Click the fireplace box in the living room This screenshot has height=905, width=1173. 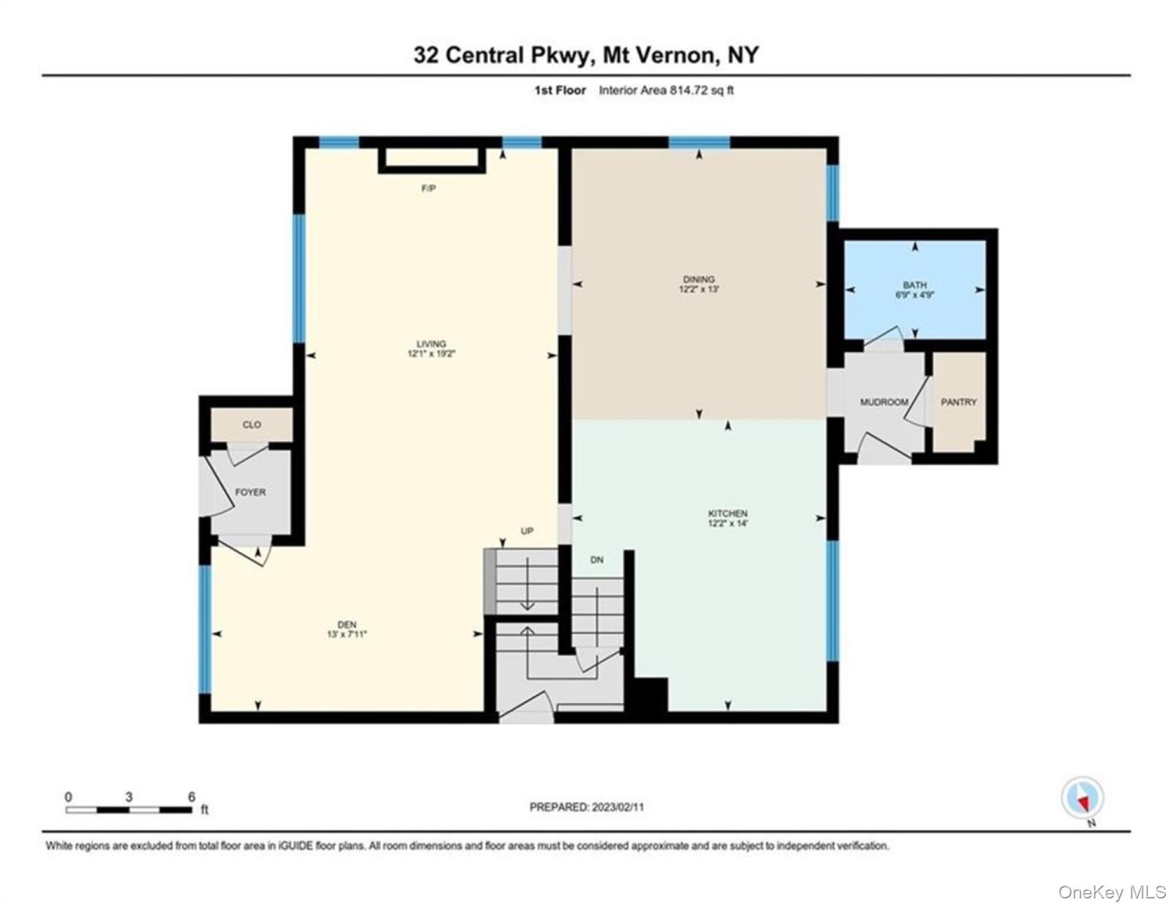[x=432, y=159]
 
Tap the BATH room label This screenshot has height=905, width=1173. [x=914, y=285]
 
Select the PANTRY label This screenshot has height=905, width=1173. [x=959, y=402]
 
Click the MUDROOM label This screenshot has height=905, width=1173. [x=884, y=402]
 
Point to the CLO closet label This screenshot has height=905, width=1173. [x=252, y=424]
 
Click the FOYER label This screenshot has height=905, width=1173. [x=250, y=492]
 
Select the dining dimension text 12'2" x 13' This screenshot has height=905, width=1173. [x=699, y=289]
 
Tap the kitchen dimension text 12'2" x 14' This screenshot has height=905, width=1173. [x=728, y=523]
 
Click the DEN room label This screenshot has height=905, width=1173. [x=347, y=625]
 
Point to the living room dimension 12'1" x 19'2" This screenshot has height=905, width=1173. [x=432, y=354]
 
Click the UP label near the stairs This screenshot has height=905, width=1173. [x=527, y=531]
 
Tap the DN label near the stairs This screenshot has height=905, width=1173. [x=597, y=560]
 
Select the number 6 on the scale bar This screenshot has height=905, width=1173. [x=191, y=797]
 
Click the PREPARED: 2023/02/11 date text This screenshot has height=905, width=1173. [x=586, y=807]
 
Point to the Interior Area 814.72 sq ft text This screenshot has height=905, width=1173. [x=666, y=90]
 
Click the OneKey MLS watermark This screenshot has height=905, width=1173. [x=1112, y=891]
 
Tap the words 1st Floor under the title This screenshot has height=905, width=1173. [x=560, y=90]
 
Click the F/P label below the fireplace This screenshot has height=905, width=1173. [x=428, y=189]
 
